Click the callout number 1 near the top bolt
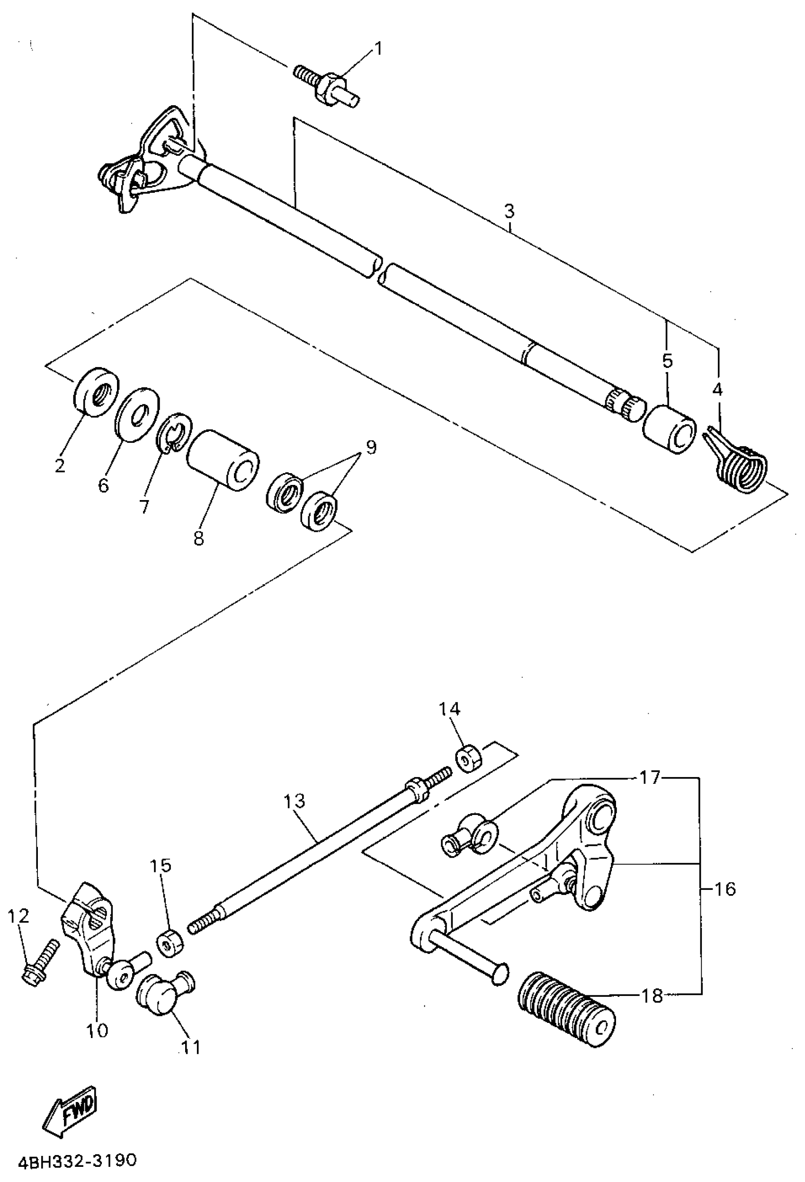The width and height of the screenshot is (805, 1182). [x=377, y=49]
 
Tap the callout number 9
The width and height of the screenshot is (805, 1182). [x=370, y=448]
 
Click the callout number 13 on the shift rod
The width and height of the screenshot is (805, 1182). [x=295, y=801]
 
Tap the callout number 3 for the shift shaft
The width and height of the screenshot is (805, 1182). [x=509, y=211]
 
